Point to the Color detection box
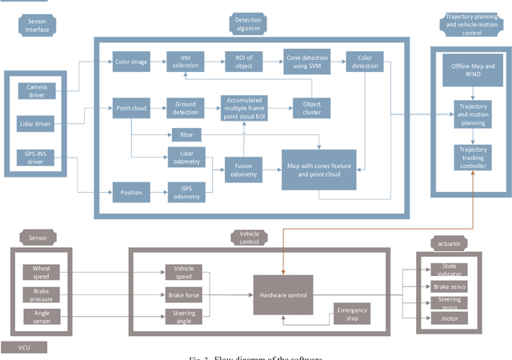click(x=365, y=61)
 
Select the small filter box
click(x=185, y=134)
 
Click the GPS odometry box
click(x=185, y=192)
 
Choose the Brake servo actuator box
click(x=448, y=286)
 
